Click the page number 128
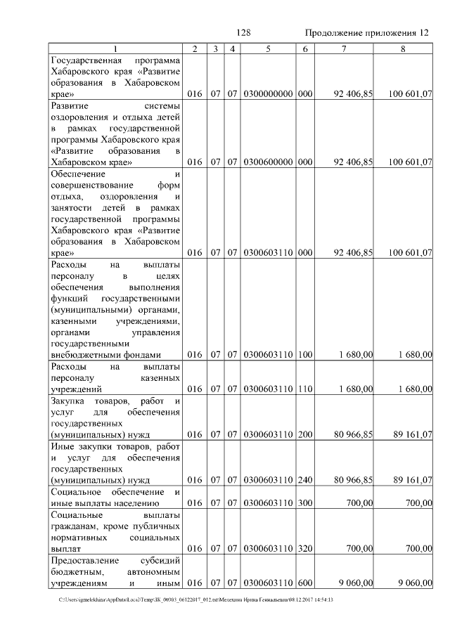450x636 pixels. pos(244,33)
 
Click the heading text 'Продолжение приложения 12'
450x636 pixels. pos(368,33)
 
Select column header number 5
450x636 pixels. pos(268,48)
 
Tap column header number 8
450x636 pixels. pos(403,48)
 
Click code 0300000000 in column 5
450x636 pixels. pos(268,93)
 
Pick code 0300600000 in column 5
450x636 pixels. pos(268,162)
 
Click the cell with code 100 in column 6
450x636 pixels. pos(305,355)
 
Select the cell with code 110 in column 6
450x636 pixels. pos(305,389)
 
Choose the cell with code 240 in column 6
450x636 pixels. pos(305,481)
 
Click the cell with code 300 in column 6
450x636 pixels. pos(305,503)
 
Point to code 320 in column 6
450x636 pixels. pos(305,549)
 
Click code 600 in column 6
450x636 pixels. pos(305,583)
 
